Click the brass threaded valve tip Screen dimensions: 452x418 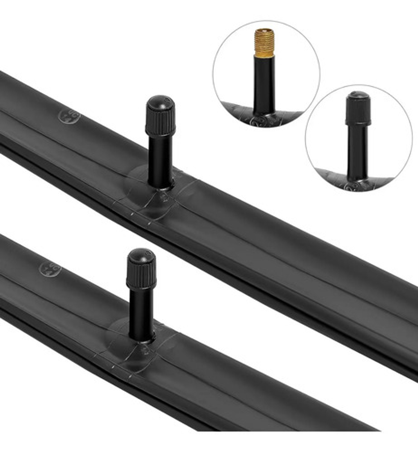pyautogui.click(x=264, y=42)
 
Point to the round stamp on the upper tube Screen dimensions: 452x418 pyautogui.click(x=69, y=117)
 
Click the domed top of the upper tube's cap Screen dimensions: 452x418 pyautogui.click(x=160, y=102)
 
